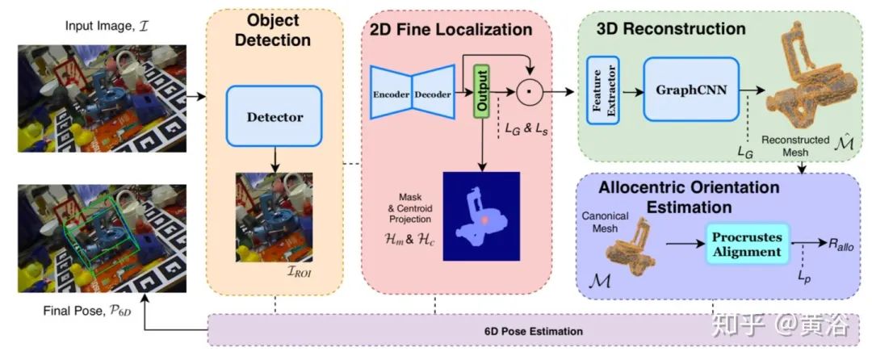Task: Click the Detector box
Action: tap(275, 117)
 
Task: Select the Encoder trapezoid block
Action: tap(392, 93)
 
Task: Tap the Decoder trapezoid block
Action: tap(434, 93)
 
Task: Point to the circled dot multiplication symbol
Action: tap(528, 92)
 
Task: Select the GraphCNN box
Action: tap(691, 90)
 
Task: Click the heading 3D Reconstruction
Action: tap(671, 29)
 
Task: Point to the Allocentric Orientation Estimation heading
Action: tap(689, 196)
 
